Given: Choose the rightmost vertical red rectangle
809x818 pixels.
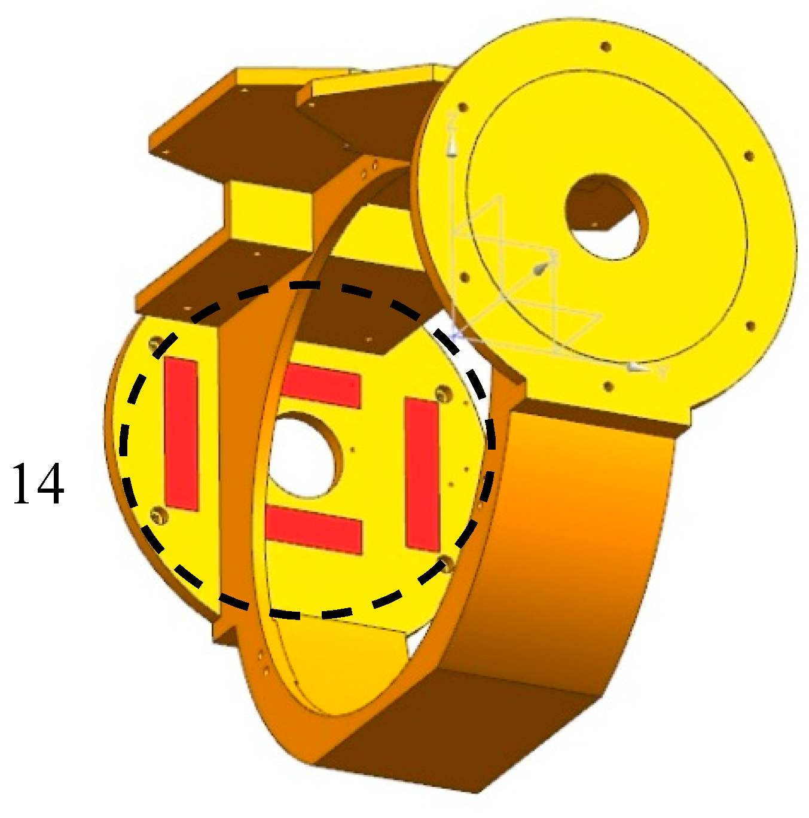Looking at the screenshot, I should [423, 474].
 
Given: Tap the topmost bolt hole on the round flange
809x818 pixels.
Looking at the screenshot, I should [605, 46].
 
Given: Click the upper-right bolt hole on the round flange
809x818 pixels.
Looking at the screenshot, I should [748, 157].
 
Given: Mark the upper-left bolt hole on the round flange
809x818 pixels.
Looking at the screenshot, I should [462, 108].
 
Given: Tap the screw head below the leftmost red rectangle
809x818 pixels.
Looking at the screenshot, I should [158, 515].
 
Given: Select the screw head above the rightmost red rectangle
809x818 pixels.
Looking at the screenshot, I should [442, 393].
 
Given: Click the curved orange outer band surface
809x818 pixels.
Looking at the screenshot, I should [574, 538].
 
